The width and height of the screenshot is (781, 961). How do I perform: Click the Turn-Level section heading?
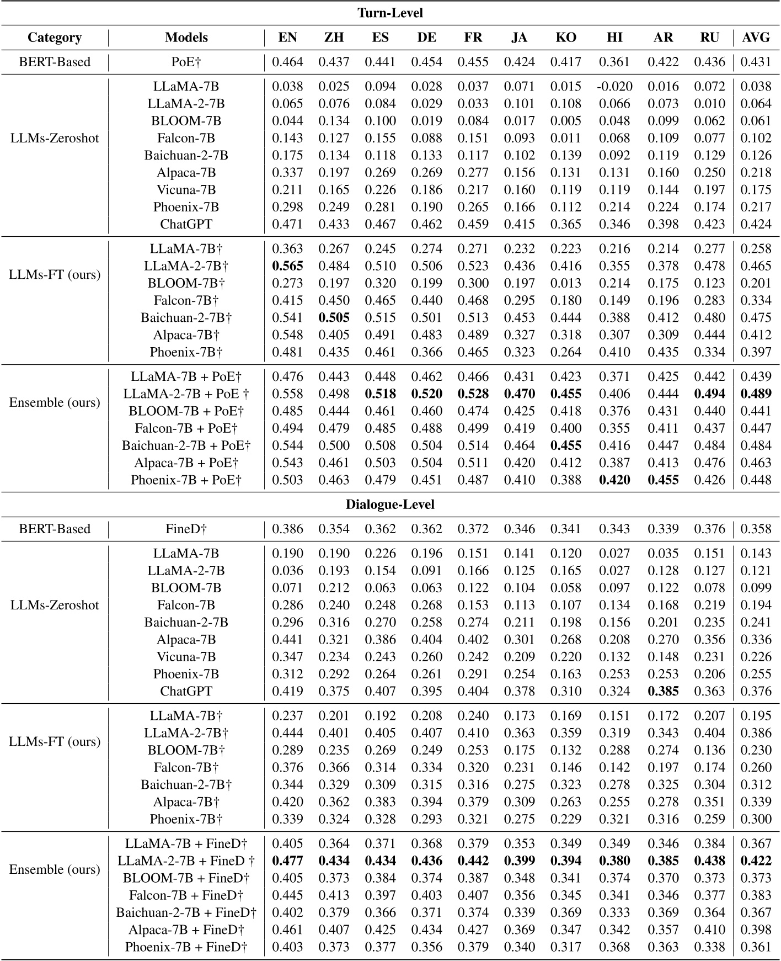pyautogui.click(x=390, y=13)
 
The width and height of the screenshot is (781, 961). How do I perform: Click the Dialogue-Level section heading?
pyautogui.click(x=390, y=505)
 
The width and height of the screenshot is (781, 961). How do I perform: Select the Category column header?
pyautogui.click(x=55, y=38)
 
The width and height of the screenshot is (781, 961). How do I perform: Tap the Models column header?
pyautogui.click(x=186, y=38)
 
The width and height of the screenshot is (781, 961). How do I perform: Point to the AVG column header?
pyautogui.click(x=756, y=38)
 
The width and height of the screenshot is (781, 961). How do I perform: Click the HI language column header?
pyautogui.click(x=614, y=38)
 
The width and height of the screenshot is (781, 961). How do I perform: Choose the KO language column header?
pyautogui.click(x=566, y=38)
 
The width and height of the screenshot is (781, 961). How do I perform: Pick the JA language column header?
pyautogui.click(x=519, y=38)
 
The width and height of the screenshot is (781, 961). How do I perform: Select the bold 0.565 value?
pyautogui.click(x=287, y=266)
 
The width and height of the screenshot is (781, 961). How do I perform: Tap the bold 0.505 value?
pyautogui.click(x=334, y=318)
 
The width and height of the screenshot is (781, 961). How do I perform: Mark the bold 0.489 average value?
pyautogui.click(x=756, y=394)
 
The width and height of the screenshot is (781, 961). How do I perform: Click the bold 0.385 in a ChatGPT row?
pyautogui.click(x=663, y=692)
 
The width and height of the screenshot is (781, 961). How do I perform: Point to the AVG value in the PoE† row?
pyautogui.click(x=756, y=62)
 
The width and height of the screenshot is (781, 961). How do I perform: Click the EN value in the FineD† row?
pyautogui.click(x=287, y=529)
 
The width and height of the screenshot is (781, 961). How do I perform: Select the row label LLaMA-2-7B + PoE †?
pyautogui.click(x=186, y=394)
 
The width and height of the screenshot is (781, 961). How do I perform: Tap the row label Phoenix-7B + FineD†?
pyautogui.click(x=186, y=947)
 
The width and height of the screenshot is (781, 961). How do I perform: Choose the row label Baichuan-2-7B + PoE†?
pyautogui.click(x=186, y=445)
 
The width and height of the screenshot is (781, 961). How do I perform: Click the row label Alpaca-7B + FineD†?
pyautogui.click(x=186, y=930)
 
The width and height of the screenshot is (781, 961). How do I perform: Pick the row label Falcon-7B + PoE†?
pyautogui.click(x=186, y=428)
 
